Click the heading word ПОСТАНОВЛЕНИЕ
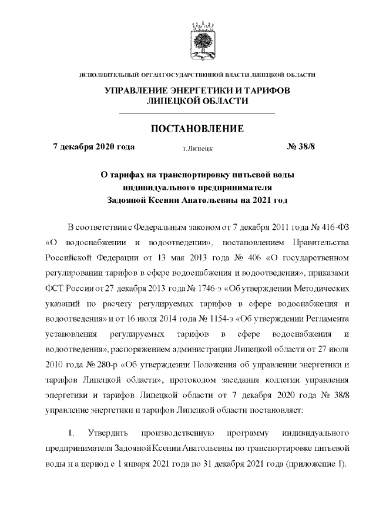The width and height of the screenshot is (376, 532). (197, 129)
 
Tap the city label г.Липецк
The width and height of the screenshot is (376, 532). (197, 150)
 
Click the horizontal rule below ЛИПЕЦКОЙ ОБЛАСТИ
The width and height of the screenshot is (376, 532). (197, 113)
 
